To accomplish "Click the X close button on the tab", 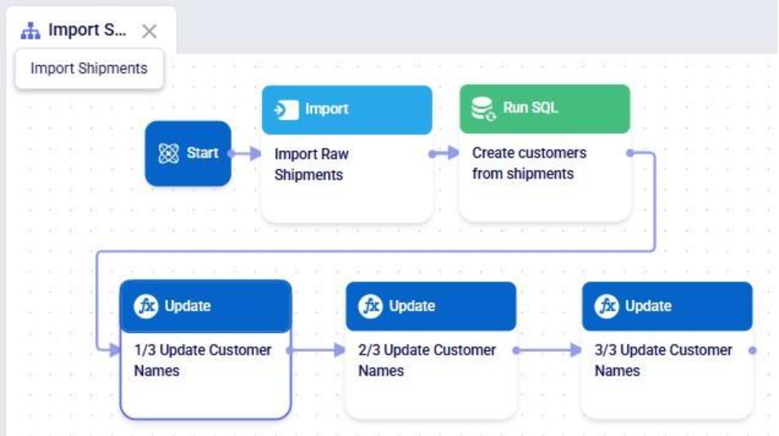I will [x=149, y=32].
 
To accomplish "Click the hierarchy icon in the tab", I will [x=30, y=31].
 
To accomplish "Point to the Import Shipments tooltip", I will [x=89, y=69].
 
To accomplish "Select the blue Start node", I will [x=188, y=153].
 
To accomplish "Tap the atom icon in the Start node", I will [x=168, y=153].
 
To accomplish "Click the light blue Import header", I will [x=346, y=109].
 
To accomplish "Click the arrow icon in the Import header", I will [x=287, y=109].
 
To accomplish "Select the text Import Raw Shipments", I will [x=310, y=164].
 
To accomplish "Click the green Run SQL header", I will [x=544, y=109].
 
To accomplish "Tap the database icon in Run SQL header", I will [x=484, y=109].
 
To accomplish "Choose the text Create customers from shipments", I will [x=528, y=163].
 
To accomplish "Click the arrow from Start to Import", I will [x=245, y=153].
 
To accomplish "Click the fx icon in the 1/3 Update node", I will [x=146, y=306].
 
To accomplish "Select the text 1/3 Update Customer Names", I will [x=202, y=360].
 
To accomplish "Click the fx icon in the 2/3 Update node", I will [x=371, y=306].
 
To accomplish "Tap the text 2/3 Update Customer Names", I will [x=426, y=360].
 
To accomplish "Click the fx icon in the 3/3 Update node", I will [x=607, y=306].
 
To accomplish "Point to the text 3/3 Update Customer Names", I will [x=663, y=360].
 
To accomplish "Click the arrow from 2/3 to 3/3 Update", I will [x=547, y=350].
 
